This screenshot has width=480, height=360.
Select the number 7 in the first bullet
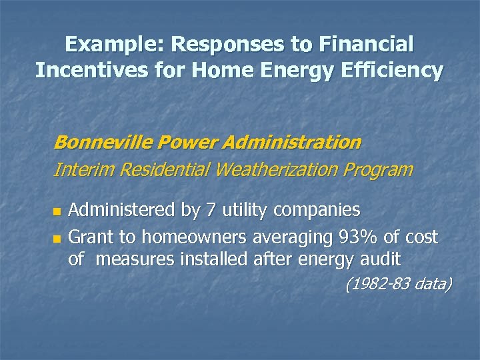[210, 211]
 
